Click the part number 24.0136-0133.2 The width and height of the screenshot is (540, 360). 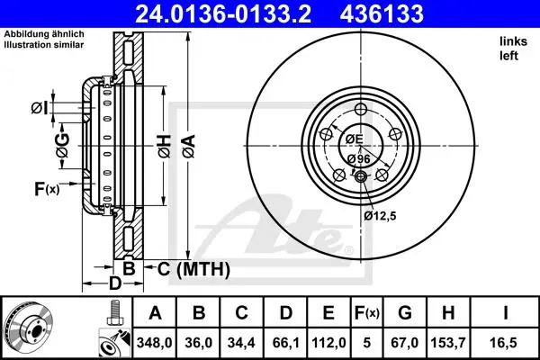coord(223,13)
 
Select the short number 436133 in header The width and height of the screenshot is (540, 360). coord(382,13)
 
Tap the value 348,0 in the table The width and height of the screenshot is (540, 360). coord(154,343)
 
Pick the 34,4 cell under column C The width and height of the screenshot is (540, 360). coord(241,343)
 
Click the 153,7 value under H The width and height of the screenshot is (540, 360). coord(448,343)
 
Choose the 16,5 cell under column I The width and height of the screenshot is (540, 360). coord(505,343)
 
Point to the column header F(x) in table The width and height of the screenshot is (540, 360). coord(367,313)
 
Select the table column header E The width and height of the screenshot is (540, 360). coord(328,313)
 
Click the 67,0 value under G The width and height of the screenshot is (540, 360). coord(405,343)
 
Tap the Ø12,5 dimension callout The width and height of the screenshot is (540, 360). coord(380,216)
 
